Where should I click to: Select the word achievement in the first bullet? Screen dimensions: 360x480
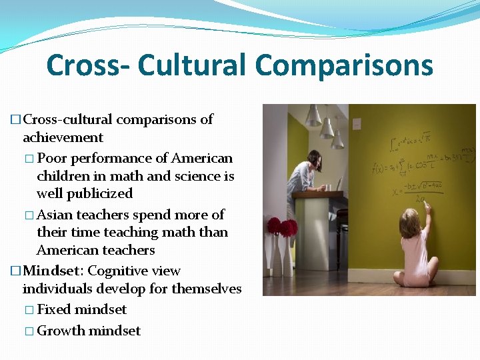[63, 138]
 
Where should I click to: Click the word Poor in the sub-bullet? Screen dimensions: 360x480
[52, 159]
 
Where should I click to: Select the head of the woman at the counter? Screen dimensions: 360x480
[314, 158]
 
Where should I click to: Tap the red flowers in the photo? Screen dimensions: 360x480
[281, 227]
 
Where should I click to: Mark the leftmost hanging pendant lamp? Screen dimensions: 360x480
[313, 118]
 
